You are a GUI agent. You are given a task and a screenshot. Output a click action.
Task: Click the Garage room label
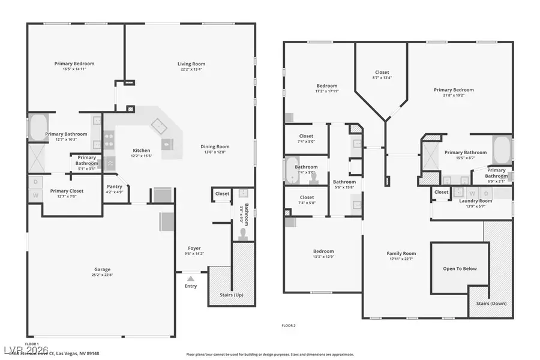point(102,269)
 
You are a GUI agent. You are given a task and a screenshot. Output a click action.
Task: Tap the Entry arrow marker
point(191,278)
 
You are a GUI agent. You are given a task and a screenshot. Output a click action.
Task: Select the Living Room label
point(191,64)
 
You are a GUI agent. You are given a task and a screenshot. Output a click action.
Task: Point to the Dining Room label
point(215,146)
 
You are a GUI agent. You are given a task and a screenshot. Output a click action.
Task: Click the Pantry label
point(114,187)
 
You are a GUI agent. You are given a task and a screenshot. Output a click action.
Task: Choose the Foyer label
point(194,248)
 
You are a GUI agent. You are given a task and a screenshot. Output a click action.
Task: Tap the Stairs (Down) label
point(491,303)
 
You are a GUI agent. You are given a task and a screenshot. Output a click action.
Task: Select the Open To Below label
point(460,268)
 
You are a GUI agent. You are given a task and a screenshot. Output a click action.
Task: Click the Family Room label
point(401,253)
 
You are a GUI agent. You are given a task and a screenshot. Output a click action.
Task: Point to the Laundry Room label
point(475,200)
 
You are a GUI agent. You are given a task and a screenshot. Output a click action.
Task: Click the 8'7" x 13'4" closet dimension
point(382,77)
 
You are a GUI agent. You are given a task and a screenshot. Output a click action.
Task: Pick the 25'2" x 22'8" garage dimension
point(102,275)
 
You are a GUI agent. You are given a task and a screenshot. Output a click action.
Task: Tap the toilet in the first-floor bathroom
point(243,232)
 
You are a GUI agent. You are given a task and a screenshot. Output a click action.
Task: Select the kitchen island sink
point(158,125)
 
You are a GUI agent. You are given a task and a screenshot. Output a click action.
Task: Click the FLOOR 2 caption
point(289,325)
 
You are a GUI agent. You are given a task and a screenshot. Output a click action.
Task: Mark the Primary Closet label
point(67,191)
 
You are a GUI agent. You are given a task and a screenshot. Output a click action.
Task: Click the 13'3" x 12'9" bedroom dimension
point(323,257)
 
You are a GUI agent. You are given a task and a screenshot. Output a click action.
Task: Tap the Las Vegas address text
point(62,353)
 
